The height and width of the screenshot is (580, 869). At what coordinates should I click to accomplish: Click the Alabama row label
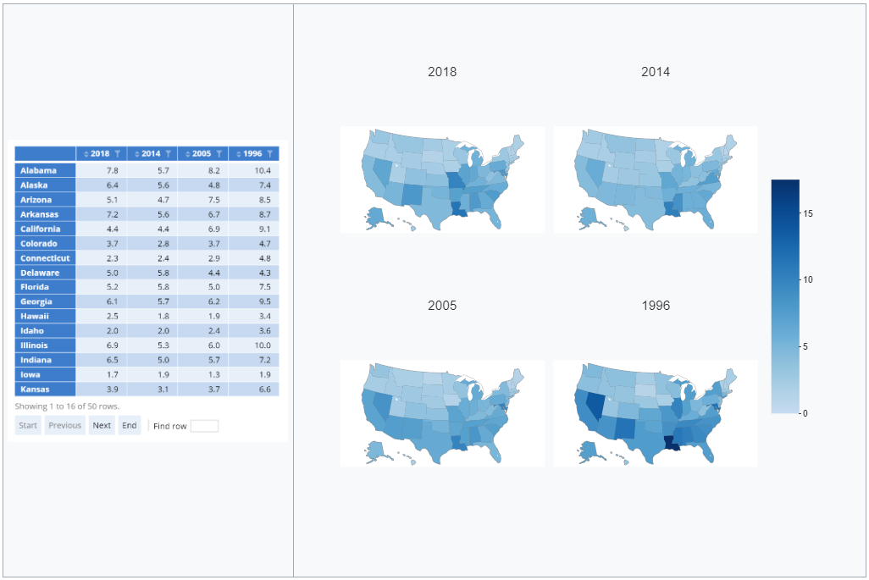39,170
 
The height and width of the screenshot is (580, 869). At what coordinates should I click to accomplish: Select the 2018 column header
100,153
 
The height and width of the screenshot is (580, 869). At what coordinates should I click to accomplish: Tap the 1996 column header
252,153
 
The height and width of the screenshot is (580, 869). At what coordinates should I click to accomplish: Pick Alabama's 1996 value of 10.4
261,170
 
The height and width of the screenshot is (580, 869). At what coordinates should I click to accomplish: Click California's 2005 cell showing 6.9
213,229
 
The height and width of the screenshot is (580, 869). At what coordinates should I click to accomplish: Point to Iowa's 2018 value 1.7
112,374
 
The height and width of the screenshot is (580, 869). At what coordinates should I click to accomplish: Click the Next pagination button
102,425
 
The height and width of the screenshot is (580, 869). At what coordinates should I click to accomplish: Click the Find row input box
204,426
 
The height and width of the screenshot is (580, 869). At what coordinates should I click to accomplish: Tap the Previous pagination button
65,425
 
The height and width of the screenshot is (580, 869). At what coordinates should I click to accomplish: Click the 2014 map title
656,72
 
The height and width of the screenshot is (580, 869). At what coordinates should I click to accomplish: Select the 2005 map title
442,305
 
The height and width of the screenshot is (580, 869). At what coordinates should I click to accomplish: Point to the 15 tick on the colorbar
808,214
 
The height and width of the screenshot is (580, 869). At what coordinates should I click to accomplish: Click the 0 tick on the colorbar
805,413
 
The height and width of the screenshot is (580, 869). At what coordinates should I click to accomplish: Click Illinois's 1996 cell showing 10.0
262,345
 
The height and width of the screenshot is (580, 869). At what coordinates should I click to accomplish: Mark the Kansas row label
36,389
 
